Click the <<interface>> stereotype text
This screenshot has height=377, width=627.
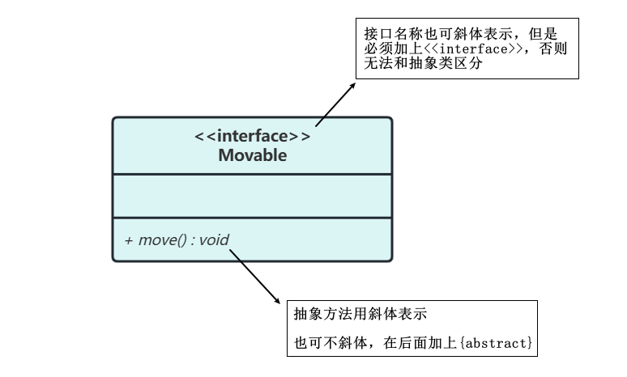(x=252, y=136)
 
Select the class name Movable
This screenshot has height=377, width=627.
(x=252, y=155)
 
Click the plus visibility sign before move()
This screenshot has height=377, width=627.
(x=128, y=240)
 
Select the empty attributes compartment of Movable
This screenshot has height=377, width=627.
(x=252, y=196)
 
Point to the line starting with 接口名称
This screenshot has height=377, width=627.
(x=461, y=34)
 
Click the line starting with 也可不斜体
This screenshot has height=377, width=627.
(x=413, y=345)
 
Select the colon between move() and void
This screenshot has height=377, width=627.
(x=193, y=240)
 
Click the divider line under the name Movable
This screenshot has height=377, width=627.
(x=252, y=174)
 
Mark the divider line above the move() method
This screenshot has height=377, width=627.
(x=252, y=218)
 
